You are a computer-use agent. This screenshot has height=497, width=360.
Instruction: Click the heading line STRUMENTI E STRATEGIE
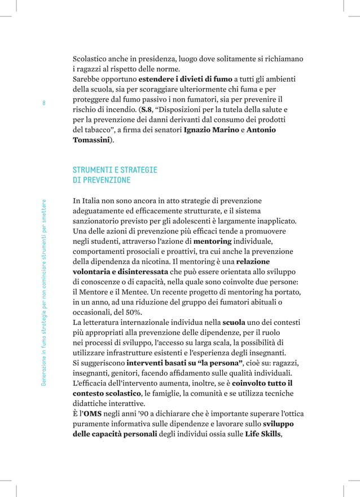tap(115, 170)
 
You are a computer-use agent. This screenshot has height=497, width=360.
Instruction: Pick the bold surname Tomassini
tap(92, 140)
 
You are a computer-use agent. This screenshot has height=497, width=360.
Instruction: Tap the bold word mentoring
tap(216, 241)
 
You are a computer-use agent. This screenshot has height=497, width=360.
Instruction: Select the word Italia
tap(93, 201)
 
